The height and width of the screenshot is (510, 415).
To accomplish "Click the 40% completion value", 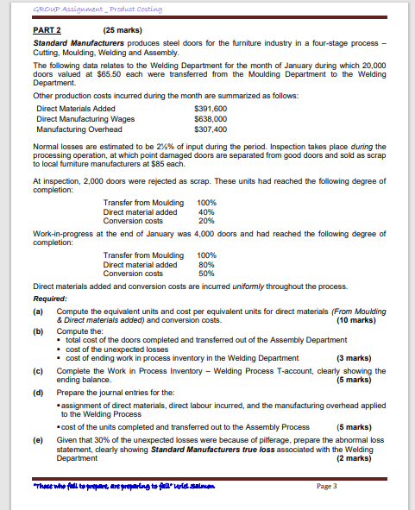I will pyautogui.click(x=206, y=211).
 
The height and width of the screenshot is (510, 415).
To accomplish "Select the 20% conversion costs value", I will pyautogui.click(x=206, y=220).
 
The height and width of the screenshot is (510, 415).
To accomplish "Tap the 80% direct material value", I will pyautogui.click(x=206, y=265).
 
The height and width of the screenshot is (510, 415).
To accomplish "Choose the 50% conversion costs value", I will pyautogui.click(x=206, y=274).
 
